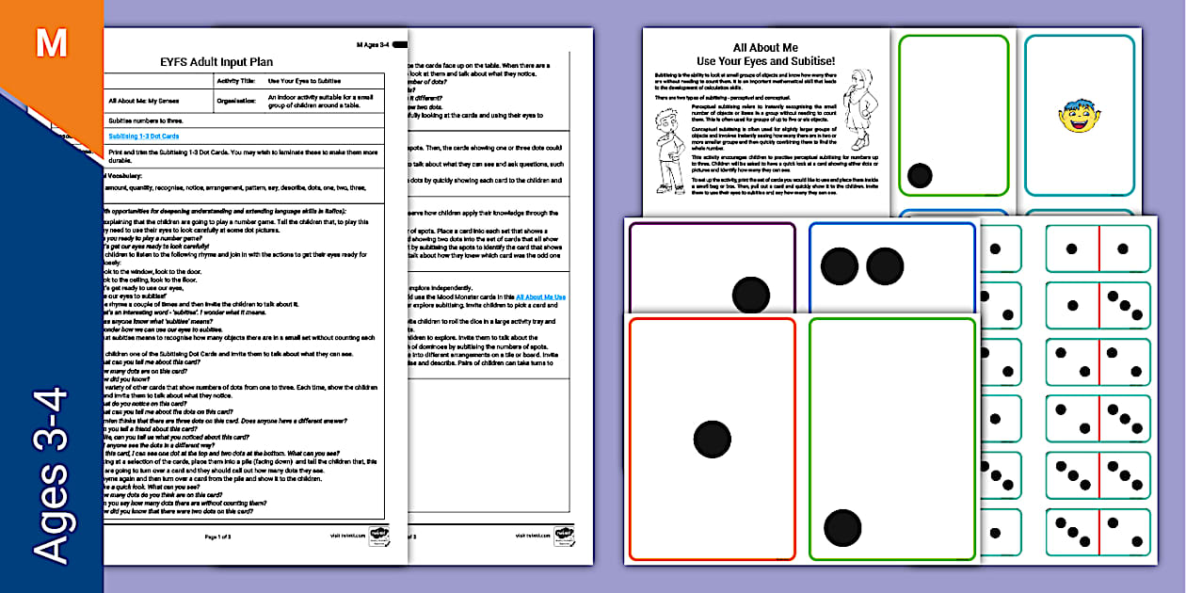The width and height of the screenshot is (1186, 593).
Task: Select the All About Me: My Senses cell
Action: (x=143, y=100)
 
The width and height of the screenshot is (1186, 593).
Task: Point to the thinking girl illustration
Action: (x=859, y=108)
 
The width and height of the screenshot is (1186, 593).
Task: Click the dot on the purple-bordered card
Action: (x=751, y=295)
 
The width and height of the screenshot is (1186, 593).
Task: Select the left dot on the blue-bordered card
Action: (x=839, y=266)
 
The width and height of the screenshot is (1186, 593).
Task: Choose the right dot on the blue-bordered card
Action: (x=885, y=266)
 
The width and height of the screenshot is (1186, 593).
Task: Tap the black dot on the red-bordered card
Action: (x=712, y=439)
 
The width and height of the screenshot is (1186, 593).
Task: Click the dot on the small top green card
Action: (x=920, y=176)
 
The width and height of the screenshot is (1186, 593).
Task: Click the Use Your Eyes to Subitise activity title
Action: (x=304, y=81)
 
